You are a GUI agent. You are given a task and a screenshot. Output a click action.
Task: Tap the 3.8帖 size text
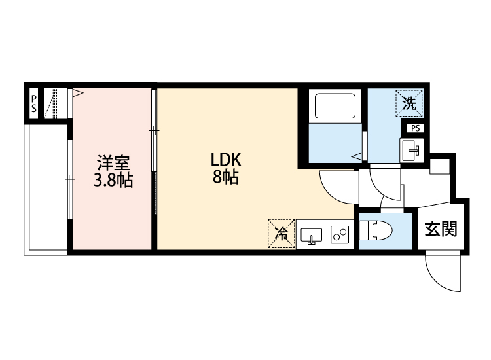click(x=113, y=180)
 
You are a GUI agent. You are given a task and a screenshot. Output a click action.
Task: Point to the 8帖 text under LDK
click(x=225, y=177)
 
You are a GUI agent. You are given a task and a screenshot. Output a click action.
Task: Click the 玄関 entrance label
click(x=441, y=229)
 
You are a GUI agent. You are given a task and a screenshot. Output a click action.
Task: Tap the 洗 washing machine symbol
click(x=409, y=103)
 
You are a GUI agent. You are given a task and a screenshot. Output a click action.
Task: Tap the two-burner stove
click(x=340, y=234)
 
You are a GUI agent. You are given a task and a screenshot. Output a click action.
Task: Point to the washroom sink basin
click(x=412, y=149)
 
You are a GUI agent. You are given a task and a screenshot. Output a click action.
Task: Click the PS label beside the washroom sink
click(x=416, y=128)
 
